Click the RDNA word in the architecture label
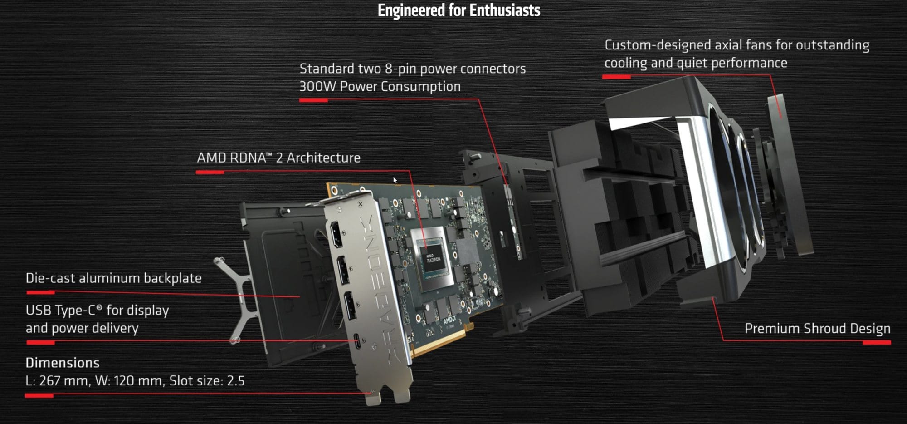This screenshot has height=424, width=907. click(x=248, y=158)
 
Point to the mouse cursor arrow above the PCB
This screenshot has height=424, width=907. click(x=395, y=180)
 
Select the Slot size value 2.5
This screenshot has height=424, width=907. click(x=235, y=380)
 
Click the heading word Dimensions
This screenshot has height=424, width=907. click(x=62, y=363)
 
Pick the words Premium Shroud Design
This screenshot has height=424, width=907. click(x=817, y=328)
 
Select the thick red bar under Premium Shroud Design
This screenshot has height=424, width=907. click(x=876, y=343)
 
